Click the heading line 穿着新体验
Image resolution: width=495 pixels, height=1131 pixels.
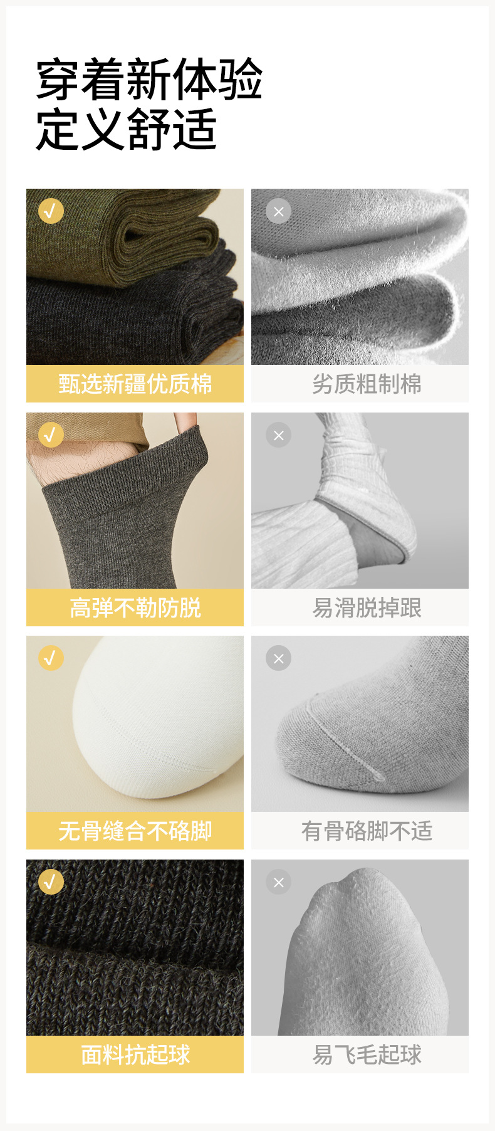(149, 80)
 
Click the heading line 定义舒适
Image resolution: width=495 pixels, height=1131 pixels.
(127, 129)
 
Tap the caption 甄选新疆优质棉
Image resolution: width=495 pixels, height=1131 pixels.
(135, 384)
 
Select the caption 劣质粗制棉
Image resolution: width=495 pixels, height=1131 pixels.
(367, 384)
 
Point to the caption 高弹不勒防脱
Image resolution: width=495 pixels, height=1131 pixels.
(135, 608)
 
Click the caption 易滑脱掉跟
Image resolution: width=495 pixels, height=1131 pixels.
(367, 608)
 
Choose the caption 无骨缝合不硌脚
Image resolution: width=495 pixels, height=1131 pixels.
(135, 831)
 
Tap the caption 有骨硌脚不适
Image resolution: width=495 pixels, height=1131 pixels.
(367, 831)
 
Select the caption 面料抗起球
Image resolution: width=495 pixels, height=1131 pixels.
(135, 1055)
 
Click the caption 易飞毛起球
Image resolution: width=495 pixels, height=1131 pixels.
(367, 1055)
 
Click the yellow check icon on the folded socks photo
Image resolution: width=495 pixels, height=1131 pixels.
(51, 211)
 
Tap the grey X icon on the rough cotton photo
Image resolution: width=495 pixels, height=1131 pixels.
(279, 211)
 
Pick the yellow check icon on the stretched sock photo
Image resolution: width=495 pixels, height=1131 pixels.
(51, 434)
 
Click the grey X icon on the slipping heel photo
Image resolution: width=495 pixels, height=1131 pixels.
(279, 435)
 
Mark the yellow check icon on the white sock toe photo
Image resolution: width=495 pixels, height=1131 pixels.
(51, 658)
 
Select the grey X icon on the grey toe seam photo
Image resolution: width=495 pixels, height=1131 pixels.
(279, 658)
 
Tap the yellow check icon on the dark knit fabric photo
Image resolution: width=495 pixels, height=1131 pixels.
(51, 882)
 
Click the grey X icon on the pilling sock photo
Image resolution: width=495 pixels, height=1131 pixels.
(279, 882)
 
